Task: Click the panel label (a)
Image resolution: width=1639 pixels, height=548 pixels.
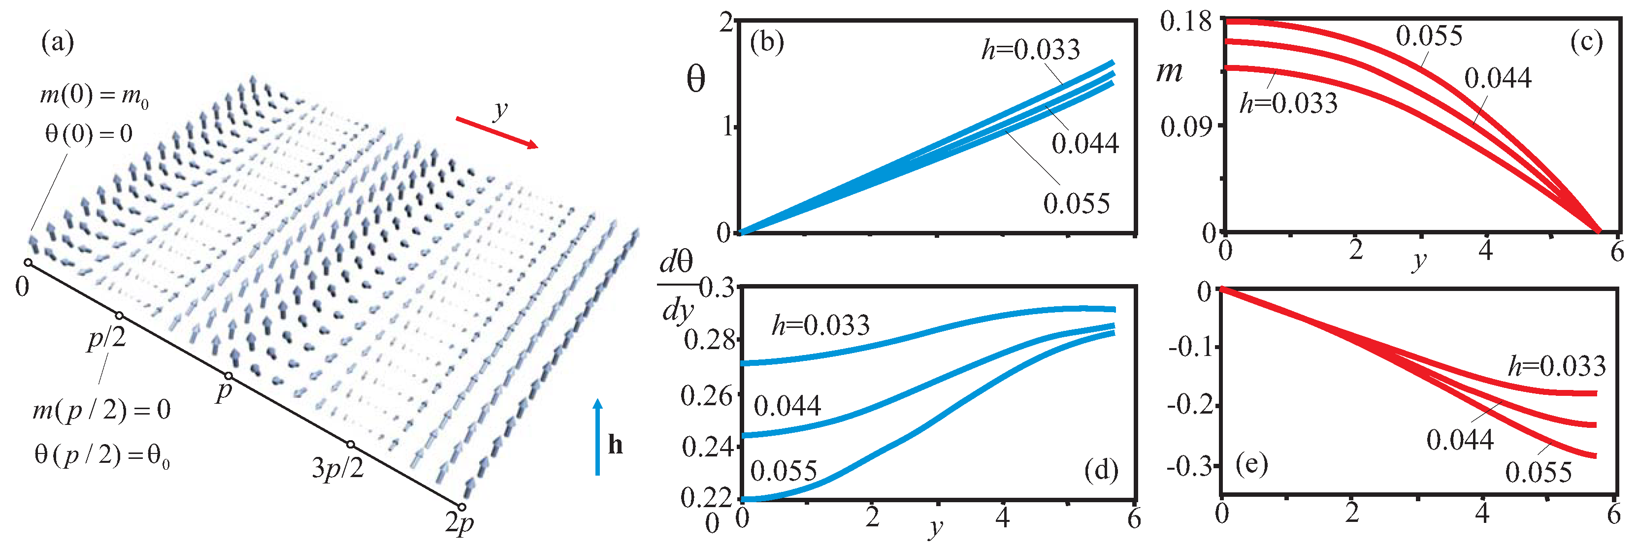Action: click(57, 43)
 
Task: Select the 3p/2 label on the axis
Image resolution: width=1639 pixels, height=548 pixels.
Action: click(338, 469)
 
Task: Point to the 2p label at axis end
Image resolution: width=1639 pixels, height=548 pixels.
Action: click(459, 523)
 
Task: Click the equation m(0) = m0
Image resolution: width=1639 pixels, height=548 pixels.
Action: click(94, 96)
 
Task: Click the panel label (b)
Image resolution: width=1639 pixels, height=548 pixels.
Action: click(767, 43)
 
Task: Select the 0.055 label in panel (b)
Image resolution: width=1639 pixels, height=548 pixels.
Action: click(1077, 204)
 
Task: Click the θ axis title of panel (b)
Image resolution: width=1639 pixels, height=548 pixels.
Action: click(696, 79)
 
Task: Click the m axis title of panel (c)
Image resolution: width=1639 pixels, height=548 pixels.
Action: click(1170, 71)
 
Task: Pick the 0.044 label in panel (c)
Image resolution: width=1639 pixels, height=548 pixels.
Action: click(1498, 78)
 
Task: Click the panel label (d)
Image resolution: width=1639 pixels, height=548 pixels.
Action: click(1101, 470)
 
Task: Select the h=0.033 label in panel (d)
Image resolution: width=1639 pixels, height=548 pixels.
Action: click(821, 325)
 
